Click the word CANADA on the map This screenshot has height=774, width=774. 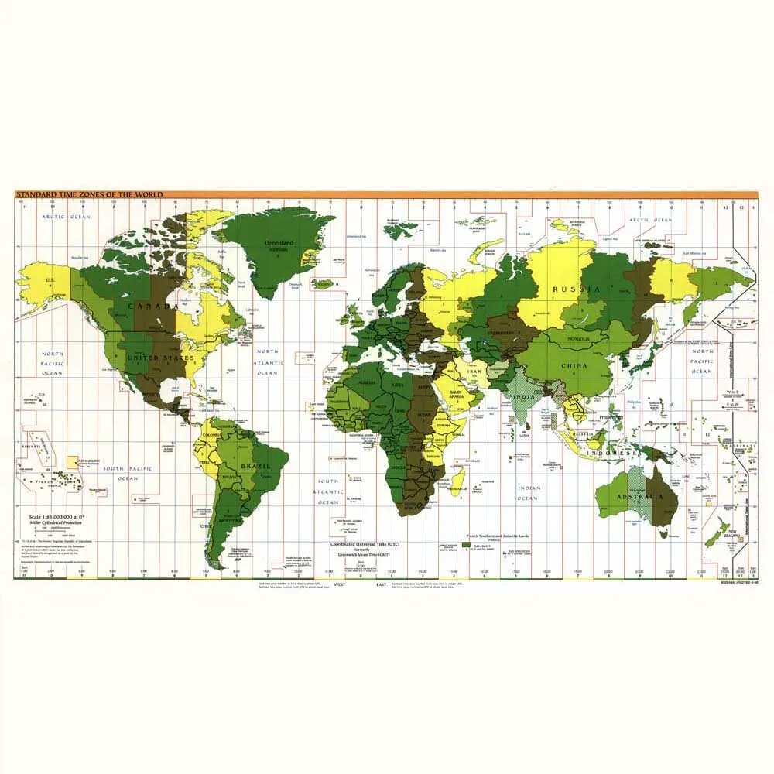152,306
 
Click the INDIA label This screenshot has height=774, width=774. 524,398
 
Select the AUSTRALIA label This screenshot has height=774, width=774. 646,495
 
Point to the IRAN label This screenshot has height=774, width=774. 474,372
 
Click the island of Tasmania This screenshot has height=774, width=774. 663,533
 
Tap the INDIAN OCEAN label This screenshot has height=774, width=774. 528,493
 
